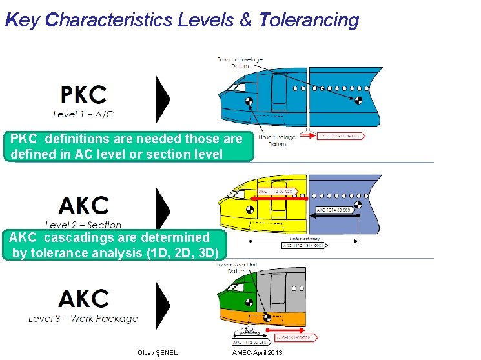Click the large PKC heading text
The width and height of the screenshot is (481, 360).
coord(83,95)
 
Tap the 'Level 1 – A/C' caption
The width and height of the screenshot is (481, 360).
coord(83,114)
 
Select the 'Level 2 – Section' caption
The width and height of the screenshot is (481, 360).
coord(83,225)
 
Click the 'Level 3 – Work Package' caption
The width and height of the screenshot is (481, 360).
coord(83,318)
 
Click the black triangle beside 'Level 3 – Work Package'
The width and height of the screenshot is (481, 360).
coord(163,302)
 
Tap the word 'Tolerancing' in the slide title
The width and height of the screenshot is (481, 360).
coord(309,20)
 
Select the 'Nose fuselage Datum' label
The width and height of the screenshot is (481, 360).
coord(276,140)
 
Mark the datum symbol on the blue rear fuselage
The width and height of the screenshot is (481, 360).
coord(356,99)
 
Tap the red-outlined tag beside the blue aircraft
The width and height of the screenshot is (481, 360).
coord(342,136)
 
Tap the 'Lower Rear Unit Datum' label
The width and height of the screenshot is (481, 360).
coord(233,268)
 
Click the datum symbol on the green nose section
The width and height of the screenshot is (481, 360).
coord(249,302)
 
